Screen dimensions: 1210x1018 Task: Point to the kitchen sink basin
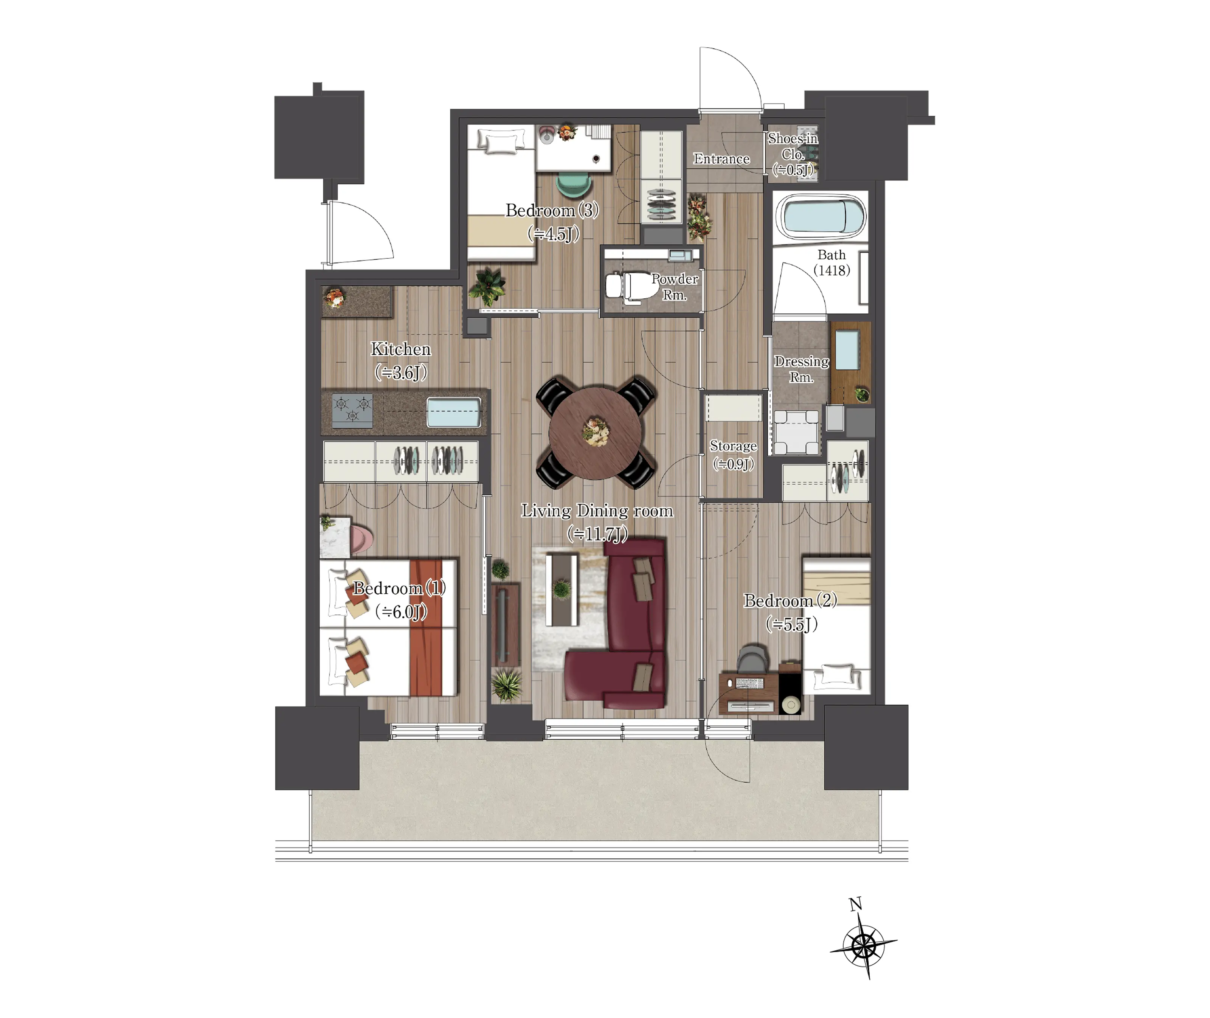pyautogui.click(x=453, y=412)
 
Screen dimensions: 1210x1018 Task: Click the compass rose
pyautogui.click(x=863, y=947)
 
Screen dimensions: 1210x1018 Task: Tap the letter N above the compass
pyautogui.click(x=856, y=904)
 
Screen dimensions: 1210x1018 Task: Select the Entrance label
pyautogui.click(x=721, y=159)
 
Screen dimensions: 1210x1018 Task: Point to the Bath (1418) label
pyautogui.click(x=831, y=262)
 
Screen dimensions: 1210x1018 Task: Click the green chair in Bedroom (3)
pyautogui.click(x=574, y=184)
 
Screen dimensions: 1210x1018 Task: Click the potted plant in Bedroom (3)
pyautogui.click(x=487, y=286)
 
